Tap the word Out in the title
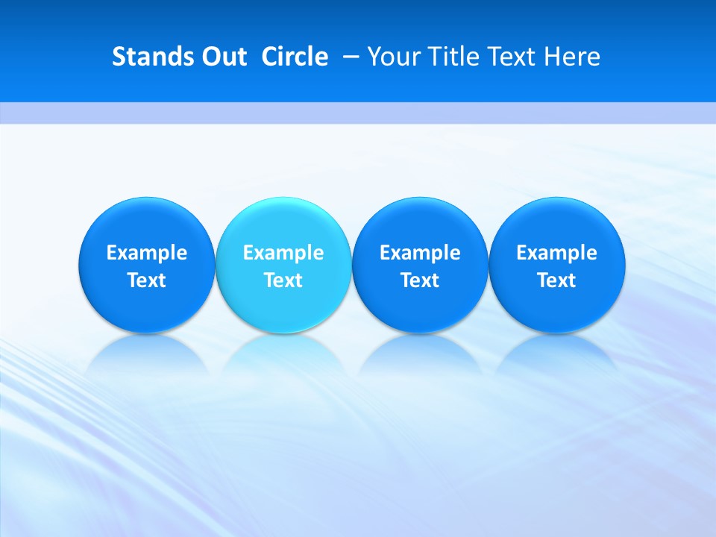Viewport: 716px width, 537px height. click(222, 57)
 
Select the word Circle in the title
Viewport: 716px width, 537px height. click(295, 57)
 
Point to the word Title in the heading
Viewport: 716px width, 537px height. click(456, 57)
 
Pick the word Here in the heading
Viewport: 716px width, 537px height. click(572, 57)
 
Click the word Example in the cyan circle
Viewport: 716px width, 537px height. click(283, 253)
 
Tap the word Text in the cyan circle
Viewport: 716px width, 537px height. click(283, 280)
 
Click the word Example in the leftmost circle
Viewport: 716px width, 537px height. click(146, 253)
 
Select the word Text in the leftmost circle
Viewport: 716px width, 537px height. click(146, 280)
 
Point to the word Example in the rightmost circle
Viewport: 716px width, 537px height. click(557, 253)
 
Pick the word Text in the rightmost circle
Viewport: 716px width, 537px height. click(557, 280)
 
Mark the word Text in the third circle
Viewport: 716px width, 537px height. click(420, 280)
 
